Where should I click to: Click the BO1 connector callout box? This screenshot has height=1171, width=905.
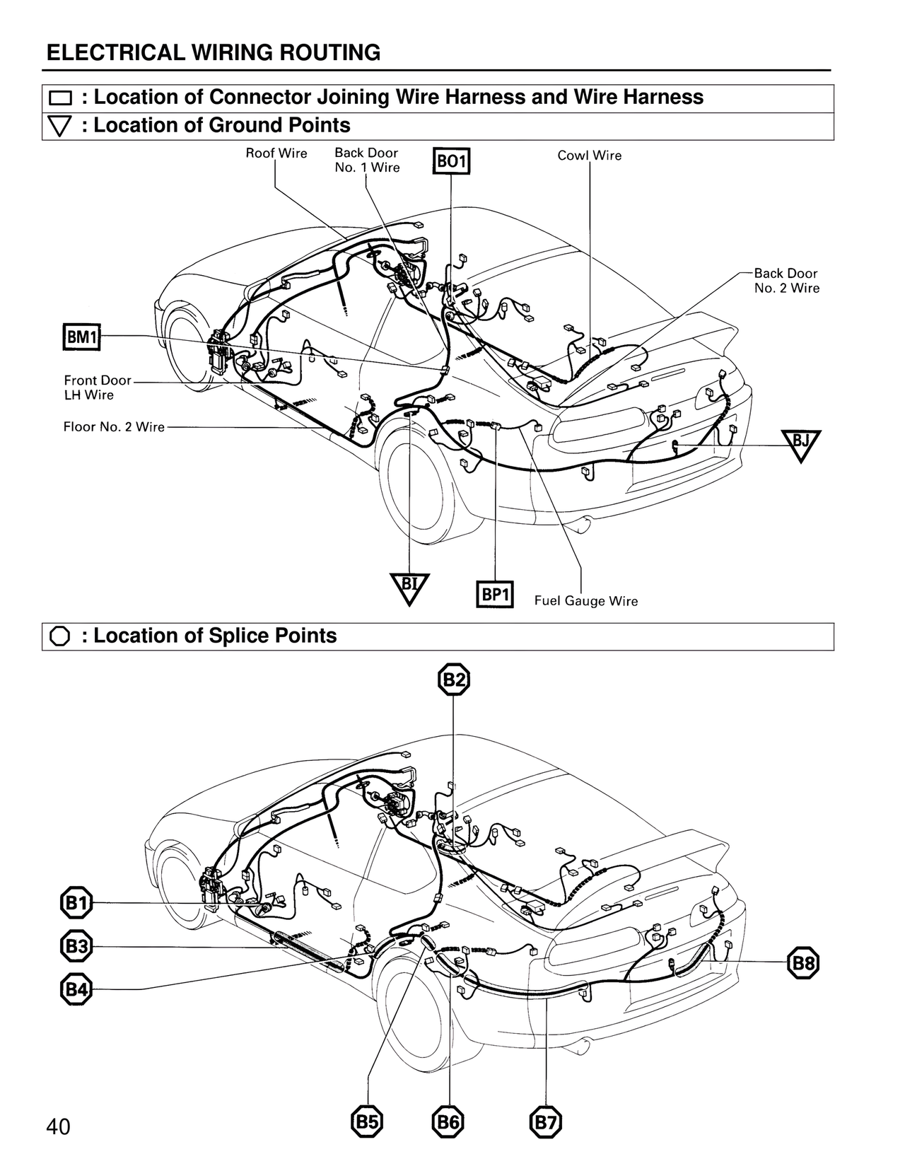coord(451,161)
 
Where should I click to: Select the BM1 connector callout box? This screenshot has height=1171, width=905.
coord(82,337)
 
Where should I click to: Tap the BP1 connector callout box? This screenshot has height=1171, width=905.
coord(495,594)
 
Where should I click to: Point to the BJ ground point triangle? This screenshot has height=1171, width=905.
coord(800,443)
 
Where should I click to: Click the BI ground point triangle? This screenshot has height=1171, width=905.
coord(409,587)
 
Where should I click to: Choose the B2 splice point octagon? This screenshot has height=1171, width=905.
coord(453,680)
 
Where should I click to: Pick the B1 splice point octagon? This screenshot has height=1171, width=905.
coord(76,903)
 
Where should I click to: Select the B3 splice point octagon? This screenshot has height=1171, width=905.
coord(76,947)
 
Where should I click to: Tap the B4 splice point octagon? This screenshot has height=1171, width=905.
coord(76,989)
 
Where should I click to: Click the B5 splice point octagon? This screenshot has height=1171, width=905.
coord(367,1122)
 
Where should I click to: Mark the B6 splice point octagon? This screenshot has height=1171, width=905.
coord(448,1122)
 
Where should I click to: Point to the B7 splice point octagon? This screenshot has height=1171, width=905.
coord(546,1122)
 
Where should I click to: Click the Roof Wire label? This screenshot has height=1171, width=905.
coord(276,153)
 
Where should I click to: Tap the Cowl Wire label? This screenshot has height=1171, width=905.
coord(589,156)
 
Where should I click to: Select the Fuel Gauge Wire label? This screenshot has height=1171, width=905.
coord(585,601)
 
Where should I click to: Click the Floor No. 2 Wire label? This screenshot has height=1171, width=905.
coord(114,427)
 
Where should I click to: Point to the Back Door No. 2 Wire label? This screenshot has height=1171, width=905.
coord(786,281)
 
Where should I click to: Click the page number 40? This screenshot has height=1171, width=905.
coord(58,1126)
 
